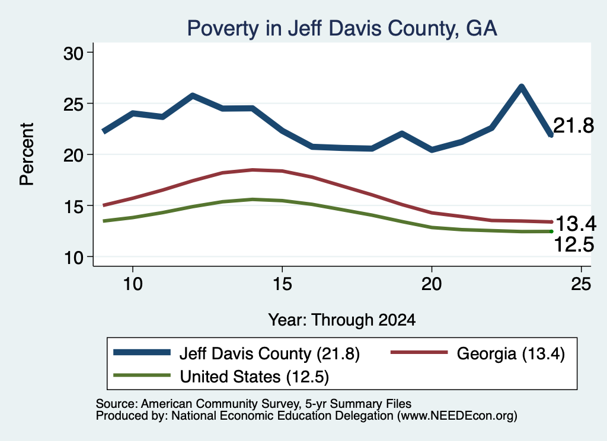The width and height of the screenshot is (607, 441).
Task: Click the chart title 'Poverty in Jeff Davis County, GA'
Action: (x=342, y=28)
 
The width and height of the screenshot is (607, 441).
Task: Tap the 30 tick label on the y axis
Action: (x=74, y=53)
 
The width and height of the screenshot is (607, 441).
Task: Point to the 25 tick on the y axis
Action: (x=74, y=104)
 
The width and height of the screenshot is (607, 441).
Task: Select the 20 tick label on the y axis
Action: (x=74, y=155)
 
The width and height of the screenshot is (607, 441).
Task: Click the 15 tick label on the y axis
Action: (x=74, y=207)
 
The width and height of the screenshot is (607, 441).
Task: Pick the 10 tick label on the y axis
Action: (x=74, y=257)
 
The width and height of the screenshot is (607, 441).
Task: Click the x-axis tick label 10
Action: (x=133, y=284)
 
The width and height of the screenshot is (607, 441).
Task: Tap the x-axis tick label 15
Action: (x=282, y=284)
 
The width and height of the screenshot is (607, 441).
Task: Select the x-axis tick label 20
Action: (x=432, y=284)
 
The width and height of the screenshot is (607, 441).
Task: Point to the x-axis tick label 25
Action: (x=581, y=284)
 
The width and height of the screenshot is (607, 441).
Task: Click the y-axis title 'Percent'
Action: (x=27, y=154)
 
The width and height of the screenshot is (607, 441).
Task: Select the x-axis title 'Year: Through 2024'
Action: (x=342, y=320)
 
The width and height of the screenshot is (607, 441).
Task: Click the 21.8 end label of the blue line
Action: (x=574, y=125)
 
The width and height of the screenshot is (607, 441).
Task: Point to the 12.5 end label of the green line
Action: (x=574, y=244)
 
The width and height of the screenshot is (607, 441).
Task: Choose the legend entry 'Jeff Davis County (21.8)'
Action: (x=237, y=353)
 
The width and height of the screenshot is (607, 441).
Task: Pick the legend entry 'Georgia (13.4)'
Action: (x=478, y=353)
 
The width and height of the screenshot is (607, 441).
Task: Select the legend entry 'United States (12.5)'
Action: (x=221, y=376)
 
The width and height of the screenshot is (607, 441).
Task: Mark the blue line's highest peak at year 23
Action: (x=522, y=87)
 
